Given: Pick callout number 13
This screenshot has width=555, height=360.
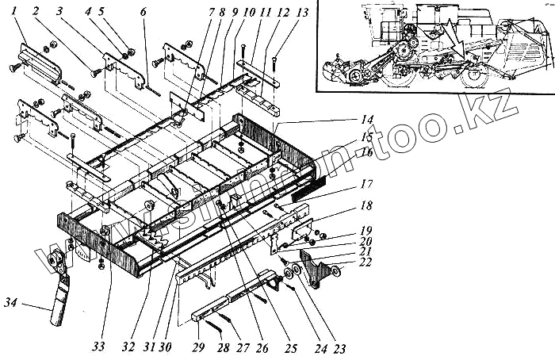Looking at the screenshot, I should (278, 13).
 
